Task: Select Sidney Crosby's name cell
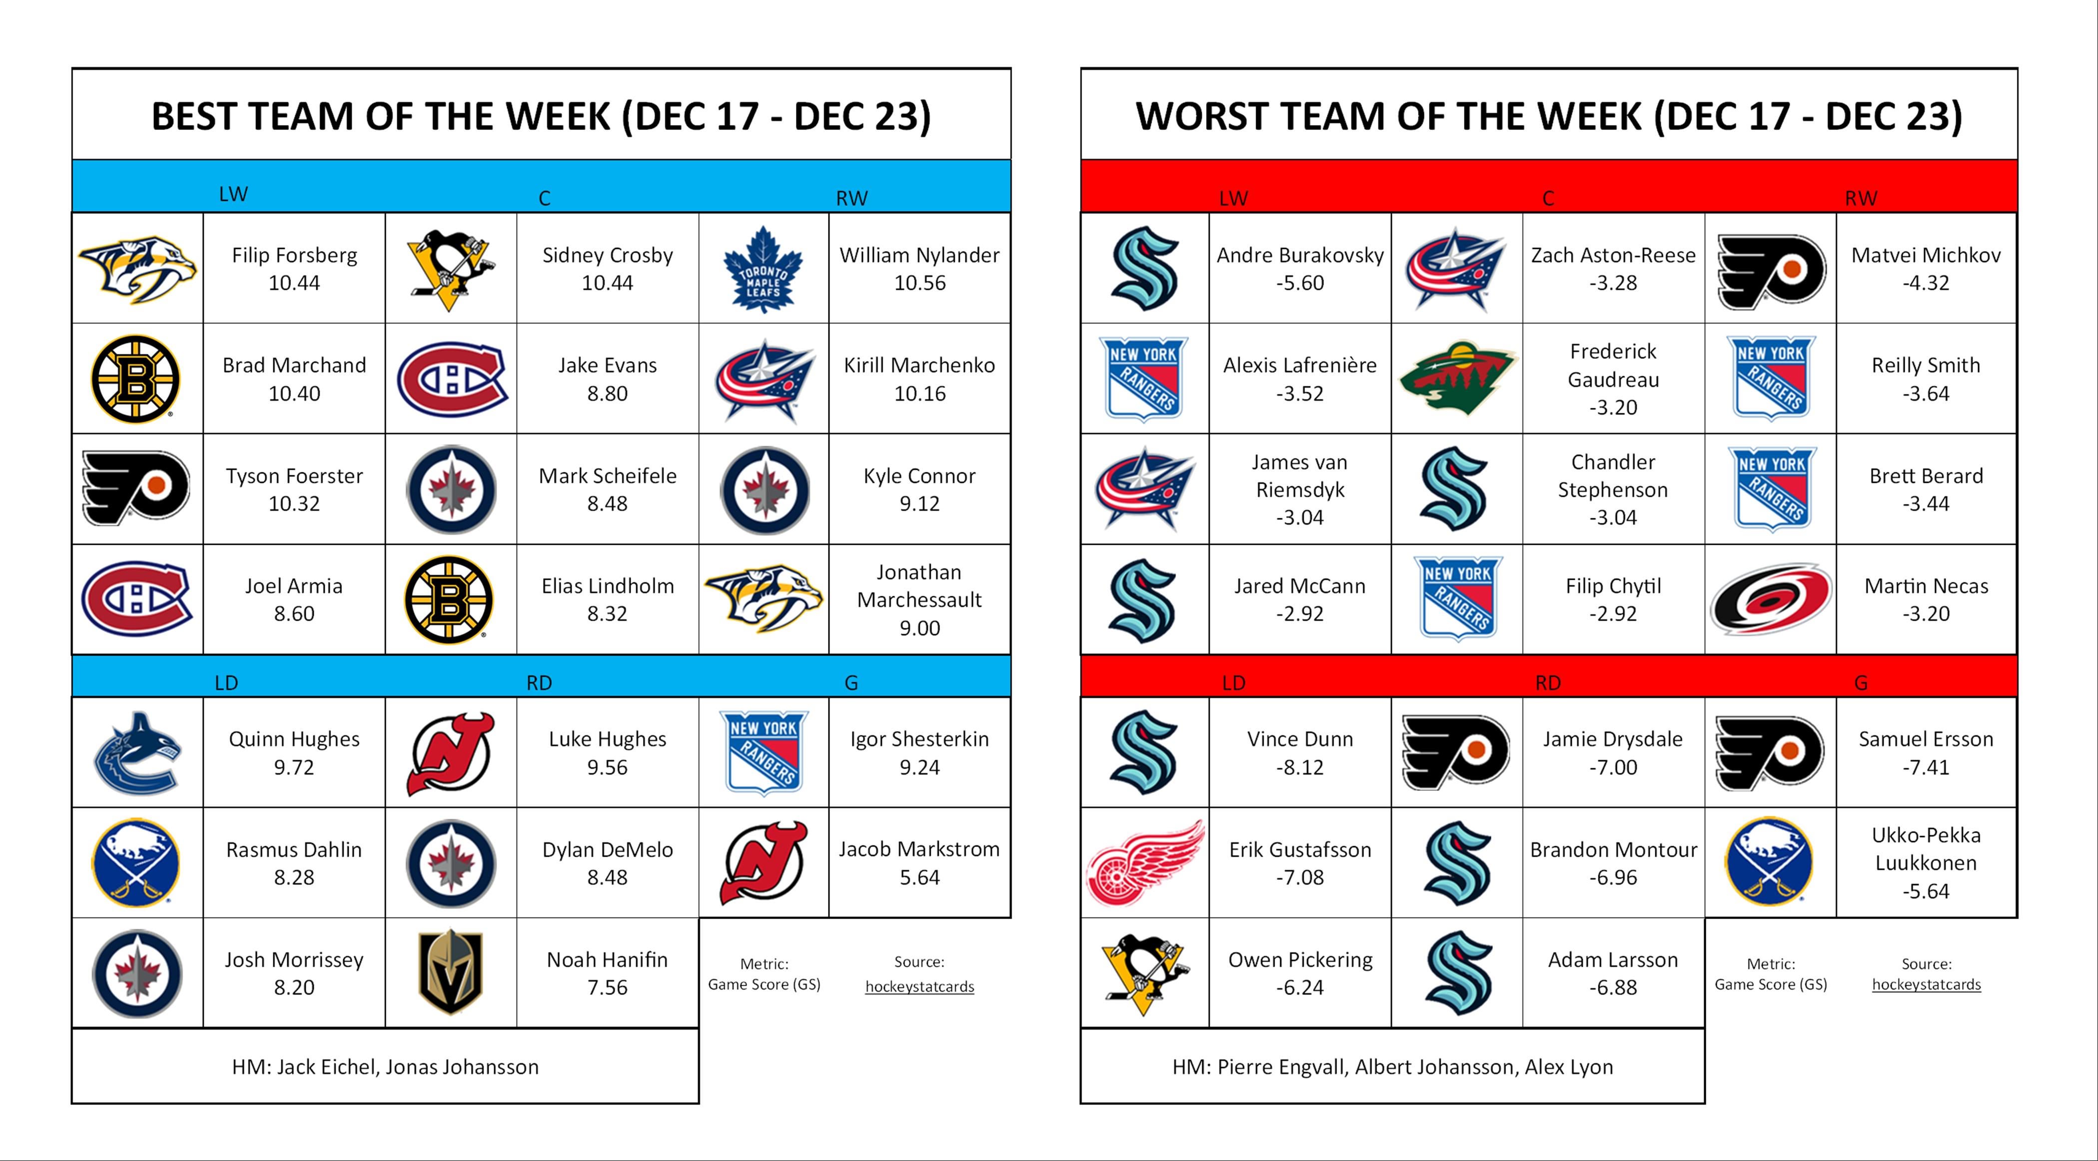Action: [x=608, y=268]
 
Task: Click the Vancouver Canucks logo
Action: [x=137, y=753]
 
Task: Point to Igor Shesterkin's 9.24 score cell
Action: [x=919, y=753]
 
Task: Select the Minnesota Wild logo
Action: [x=1457, y=379]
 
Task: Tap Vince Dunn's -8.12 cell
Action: [x=1300, y=753]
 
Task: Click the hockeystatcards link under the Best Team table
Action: [x=919, y=987]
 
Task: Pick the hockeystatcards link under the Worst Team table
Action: [x=1926, y=984]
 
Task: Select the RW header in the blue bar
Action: [x=852, y=198]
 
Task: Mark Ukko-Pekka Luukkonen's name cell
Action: [x=1926, y=863]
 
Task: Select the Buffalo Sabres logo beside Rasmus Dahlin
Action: [x=137, y=863]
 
